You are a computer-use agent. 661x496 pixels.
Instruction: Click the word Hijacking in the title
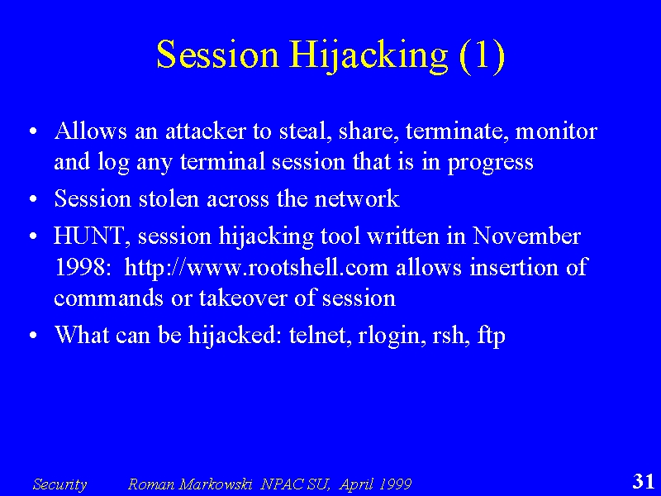[368, 56]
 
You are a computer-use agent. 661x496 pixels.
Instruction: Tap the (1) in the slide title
[482, 56]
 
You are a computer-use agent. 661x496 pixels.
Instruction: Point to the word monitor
[556, 131]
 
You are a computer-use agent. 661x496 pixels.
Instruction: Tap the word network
[357, 198]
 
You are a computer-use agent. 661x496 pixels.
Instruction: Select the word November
[526, 236]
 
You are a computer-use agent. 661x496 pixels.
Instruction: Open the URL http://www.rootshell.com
[256, 267]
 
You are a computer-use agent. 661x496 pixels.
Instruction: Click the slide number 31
[644, 481]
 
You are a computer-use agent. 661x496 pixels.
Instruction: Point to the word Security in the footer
[59, 484]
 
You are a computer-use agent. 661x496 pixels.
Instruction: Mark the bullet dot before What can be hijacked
[33, 336]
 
